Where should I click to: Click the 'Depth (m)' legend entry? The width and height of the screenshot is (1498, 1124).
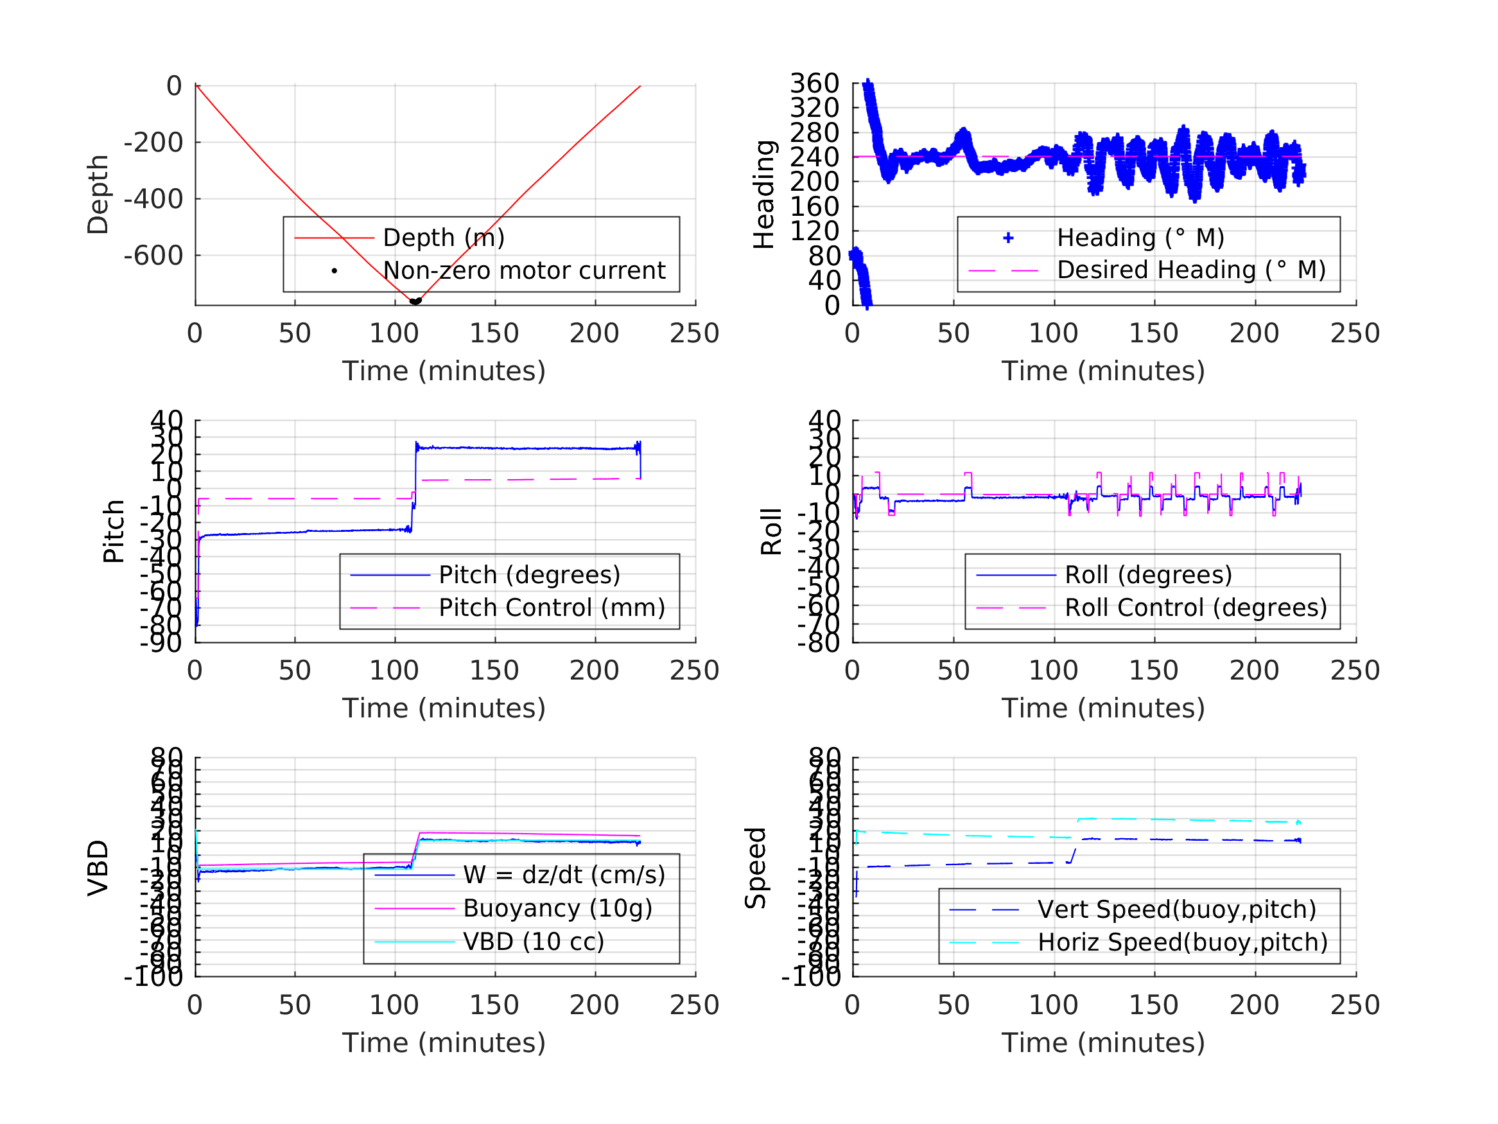click(x=444, y=238)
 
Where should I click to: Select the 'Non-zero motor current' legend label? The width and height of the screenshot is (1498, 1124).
click(x=524, y=271)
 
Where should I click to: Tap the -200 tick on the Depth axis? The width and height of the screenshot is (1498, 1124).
click(x=153, y=143)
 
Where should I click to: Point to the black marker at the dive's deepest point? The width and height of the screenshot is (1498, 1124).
click(x=415, y=301)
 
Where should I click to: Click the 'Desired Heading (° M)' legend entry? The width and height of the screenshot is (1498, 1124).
click(x=1190, y=270)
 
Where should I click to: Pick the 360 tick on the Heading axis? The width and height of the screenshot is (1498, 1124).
click(x=815, y=84)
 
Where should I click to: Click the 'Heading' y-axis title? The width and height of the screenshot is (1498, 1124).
click(x=764, y=195)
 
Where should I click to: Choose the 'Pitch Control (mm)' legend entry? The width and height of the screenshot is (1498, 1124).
click(x=552, y=608)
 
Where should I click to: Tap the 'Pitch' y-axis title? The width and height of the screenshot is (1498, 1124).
click(x=114, y=531)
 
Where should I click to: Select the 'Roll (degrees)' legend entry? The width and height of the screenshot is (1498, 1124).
click(x=1148, y=575)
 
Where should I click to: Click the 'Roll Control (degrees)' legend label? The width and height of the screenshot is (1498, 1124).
click(x=1196, y=608)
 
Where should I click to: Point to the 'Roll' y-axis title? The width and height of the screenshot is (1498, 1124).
click(x=771, y=531)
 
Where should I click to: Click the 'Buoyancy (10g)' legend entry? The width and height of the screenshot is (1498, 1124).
click(x=557, y=909)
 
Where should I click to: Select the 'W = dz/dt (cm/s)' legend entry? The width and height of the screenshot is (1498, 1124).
click(x=564, y=875)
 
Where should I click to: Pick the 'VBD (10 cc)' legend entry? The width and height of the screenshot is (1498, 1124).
click(x=533, y=942)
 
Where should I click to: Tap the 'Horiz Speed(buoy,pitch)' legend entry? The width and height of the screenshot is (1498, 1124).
click(x=1183, y=942)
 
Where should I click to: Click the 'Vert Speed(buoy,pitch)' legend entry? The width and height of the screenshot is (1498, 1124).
click(x=1176, y=910)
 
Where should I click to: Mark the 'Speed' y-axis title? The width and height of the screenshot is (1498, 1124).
click(x=756, y=868)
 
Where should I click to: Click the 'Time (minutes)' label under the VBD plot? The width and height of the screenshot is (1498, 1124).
click(x=444, y=1042)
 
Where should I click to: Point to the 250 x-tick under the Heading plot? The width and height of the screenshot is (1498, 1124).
click(x=1354, y=333)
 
